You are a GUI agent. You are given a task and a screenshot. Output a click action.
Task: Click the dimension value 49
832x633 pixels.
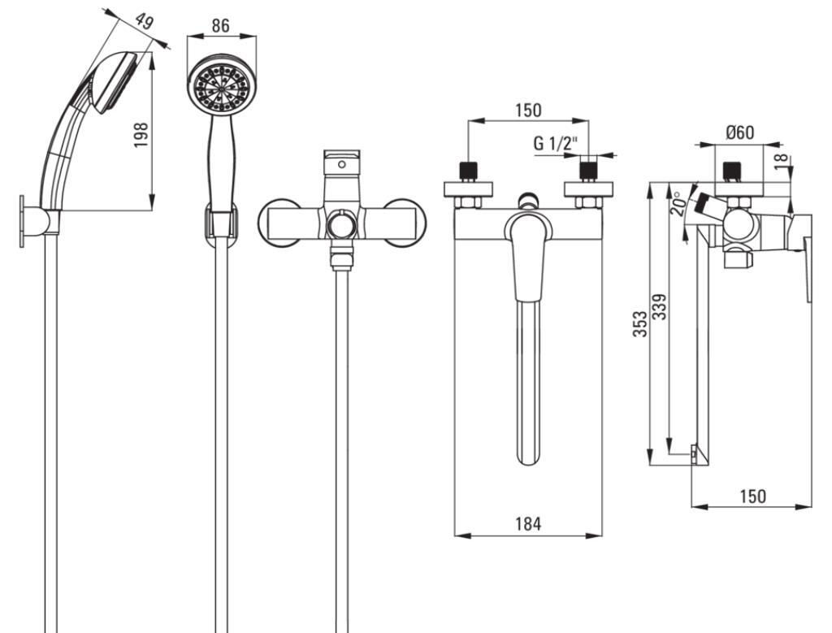[x=143, y=23]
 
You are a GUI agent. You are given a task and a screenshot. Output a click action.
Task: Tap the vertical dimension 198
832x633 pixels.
[x=140, y=134]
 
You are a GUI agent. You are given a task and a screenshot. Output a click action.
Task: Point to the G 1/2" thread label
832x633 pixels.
[x=555, y=143]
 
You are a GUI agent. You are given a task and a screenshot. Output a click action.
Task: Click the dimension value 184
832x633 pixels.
[x=528, y=523]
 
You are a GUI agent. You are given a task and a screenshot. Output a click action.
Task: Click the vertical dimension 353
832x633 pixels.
[x=641, y=323]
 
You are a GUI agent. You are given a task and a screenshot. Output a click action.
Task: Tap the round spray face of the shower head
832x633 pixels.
[x=219, y=87]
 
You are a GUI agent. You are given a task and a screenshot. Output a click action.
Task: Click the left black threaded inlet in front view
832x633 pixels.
[x=468, y=171]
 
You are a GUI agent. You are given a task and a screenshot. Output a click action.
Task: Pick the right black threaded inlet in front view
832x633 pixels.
[x=587, y=171]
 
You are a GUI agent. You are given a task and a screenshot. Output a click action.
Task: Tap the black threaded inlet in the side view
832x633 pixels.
[x=733, y=171]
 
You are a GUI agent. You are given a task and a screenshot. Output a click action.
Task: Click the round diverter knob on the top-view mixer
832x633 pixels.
[x=342, y=226]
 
